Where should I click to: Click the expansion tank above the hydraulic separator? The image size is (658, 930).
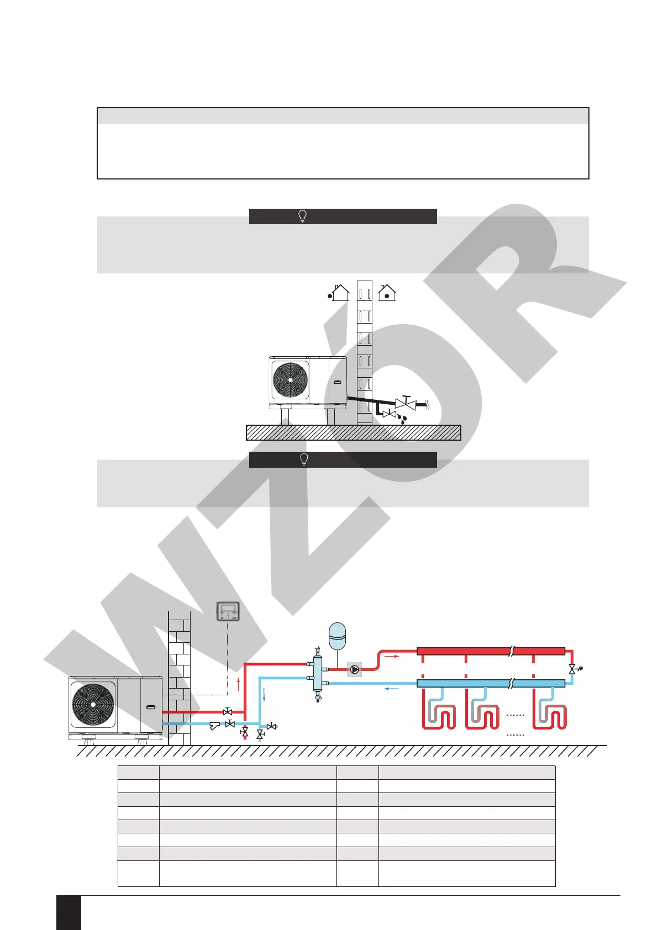tap(337, 636)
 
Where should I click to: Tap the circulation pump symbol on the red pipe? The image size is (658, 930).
tap(354, 669)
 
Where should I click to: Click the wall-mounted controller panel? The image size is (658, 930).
tap(228, 611)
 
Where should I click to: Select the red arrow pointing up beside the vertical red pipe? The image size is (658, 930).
tap(238, 684)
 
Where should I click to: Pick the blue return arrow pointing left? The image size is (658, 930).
tap(391, 689)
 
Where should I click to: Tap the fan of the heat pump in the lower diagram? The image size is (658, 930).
tap(93, 704)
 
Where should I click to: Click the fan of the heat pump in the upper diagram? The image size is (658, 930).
tap(290, 379)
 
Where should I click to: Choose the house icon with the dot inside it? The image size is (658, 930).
tap(387, 293)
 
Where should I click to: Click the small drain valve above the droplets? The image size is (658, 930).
tap(390, 413)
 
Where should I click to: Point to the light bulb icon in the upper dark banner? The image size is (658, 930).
tap(303, 216)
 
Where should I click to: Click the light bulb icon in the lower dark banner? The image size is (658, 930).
tap(303, 459)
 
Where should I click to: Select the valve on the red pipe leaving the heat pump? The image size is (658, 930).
tap(227, 712)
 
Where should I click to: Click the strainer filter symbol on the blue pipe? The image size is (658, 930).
tap(215, 726)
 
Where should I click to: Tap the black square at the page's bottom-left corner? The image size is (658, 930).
tap(69, 912)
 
